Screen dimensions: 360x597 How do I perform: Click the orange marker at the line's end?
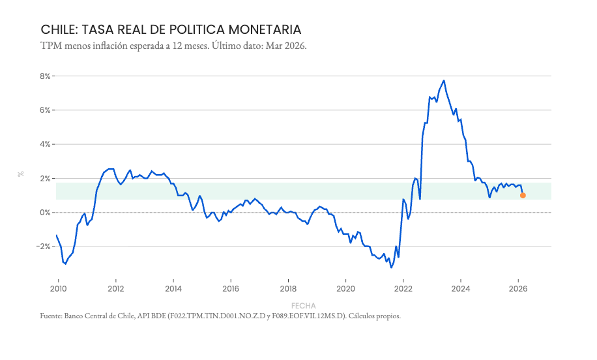coord(523,195)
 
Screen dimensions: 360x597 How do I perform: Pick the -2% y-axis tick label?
coord(44,247)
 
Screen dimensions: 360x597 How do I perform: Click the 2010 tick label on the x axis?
coord(58,289)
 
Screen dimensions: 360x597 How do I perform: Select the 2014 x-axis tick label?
coord(173,289)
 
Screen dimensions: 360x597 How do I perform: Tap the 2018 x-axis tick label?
coord(288,289)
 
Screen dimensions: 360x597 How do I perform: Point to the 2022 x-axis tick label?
coord(403,289)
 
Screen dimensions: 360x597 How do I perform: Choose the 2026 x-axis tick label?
coord(517,289)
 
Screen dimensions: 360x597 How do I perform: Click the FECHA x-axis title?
coord(304,305)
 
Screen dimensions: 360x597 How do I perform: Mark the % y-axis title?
coord(21,174)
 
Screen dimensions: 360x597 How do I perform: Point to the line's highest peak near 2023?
coord(444,81)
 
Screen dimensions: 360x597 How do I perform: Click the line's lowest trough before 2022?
coord(391,267)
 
